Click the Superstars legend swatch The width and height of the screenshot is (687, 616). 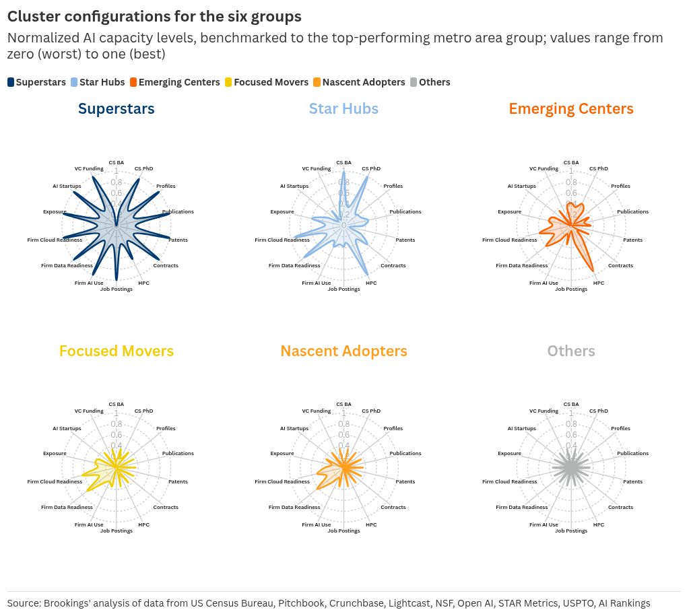tap(11, 82)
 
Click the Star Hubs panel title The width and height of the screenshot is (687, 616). tap(343, 108)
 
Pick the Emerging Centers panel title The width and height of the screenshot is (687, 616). tap(570, 108)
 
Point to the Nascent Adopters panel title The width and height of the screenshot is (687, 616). tap(343, 351)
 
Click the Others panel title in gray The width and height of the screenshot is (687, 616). tap(570, 351)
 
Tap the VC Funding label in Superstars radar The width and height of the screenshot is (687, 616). tap(89, 168)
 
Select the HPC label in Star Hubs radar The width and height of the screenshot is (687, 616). tap(371, 283)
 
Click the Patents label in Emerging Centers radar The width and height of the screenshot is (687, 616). tap(632, 240)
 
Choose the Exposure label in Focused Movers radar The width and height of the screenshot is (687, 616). tap(55, 454)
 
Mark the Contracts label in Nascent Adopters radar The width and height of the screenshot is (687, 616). tap(393, 508)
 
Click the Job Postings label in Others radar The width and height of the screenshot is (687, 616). tap(571, 531)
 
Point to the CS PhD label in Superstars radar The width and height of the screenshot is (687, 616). tap(143, 168)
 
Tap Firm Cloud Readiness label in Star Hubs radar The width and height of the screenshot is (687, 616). tap(282, 240)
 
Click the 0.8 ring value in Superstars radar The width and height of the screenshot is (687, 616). tap(117, 182)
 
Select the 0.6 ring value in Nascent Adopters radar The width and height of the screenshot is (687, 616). tap(343, 435)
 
